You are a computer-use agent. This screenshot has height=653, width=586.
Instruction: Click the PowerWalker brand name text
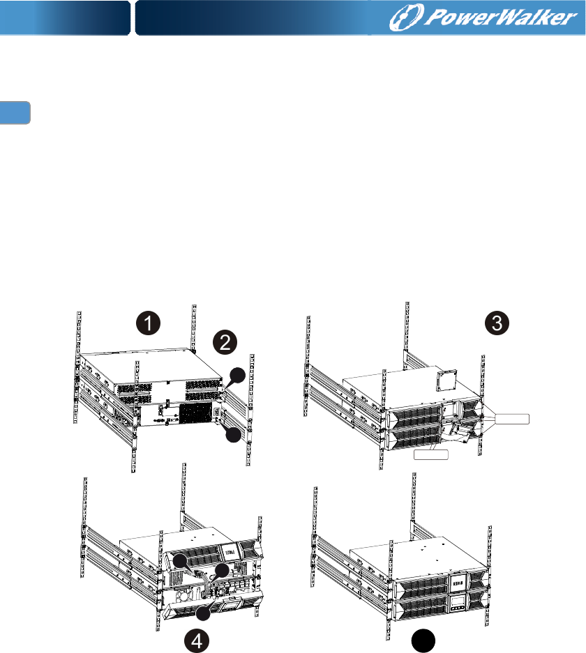coord(500,17)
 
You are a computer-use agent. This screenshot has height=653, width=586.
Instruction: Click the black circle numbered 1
coord(149,323)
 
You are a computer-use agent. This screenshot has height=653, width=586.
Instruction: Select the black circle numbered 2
coord(225,342)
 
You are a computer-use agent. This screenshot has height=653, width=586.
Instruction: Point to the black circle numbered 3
coord(497,323)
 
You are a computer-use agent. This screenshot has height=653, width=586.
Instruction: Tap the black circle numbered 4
coord(197,640)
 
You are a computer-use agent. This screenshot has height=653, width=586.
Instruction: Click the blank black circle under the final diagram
coord(423,641)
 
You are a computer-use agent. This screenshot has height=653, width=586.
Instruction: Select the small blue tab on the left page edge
coord(15,112)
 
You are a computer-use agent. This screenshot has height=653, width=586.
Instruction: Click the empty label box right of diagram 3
coord(512,419)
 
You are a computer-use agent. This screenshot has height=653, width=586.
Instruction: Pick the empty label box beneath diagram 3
coord(431,454)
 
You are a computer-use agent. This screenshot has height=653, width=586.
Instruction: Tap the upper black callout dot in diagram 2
coord(238,375)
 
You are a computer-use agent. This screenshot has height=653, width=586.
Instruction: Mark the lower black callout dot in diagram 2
coord(234,434)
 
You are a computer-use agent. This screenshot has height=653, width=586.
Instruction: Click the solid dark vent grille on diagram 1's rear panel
coord(195,413)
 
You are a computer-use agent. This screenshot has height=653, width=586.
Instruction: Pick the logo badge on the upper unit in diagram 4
coord(230,552)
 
